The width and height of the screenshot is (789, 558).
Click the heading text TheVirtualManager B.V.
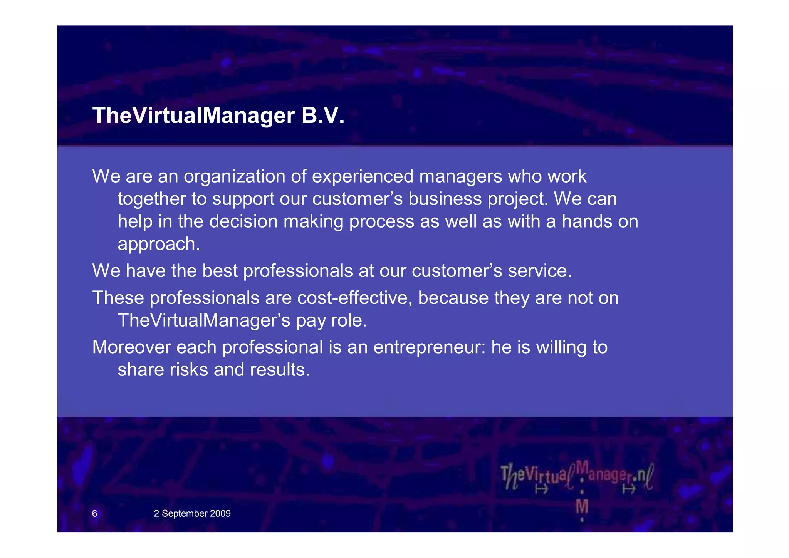pyautogui.click(x=218, y=116)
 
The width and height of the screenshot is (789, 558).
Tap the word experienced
pyautogui.click(x=362, y=177)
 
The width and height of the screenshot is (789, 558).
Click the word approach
pyautogui.click(x=158, y=244)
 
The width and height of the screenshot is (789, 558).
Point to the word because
pyautogui.click(x=453, y=298)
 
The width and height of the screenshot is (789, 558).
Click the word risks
pyautogui.click(x=189, y=370)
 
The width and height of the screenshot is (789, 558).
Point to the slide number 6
pyautogui.click(x=94, y=513)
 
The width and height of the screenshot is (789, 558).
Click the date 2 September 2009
pyautogui.click(x=192, y=513)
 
